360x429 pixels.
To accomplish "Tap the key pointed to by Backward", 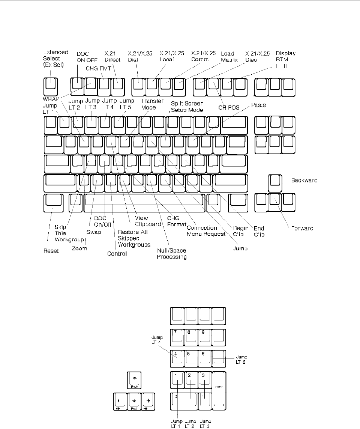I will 275,181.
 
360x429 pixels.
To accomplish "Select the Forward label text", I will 302,227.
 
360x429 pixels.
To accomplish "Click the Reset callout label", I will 51,251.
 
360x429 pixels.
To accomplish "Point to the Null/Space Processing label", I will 172,254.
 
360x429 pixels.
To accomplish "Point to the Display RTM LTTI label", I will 286,59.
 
